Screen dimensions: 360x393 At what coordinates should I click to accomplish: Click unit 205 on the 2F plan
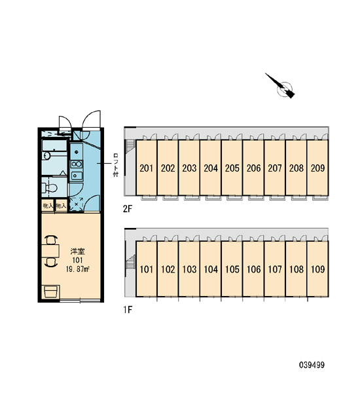[232, 168]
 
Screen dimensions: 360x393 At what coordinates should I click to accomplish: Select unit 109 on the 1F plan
[317, 269]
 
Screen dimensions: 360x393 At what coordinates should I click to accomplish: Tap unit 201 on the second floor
[147, 168]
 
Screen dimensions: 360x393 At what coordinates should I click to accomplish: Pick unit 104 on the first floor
[211, 269]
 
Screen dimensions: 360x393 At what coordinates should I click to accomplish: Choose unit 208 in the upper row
[296, 168]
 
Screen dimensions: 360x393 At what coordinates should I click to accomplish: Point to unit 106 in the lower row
[253, 269]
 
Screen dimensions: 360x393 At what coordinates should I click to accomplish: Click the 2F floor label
[127, 208]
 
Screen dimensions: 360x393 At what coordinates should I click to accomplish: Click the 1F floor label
[127, 310]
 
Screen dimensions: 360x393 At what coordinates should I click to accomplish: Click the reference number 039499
[312, 365]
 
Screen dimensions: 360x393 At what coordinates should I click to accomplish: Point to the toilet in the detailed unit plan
[49, 187]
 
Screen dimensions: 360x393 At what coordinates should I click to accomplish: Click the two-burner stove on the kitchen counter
[77, 164]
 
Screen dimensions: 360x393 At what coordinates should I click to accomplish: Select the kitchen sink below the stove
[77, 176]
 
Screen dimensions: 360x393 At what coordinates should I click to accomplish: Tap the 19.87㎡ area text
[78, 269]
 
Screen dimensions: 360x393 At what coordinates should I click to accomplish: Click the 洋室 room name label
[77, 252]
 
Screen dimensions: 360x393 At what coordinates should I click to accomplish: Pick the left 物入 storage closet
[48, 206]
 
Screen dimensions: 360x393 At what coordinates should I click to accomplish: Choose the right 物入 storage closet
[61, 206]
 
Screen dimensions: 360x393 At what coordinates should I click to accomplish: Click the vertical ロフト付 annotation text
[115, 165]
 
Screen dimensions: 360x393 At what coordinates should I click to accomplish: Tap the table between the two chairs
[50, 251]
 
